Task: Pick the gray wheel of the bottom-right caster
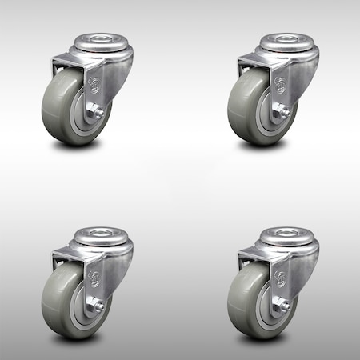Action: pos(250,302)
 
